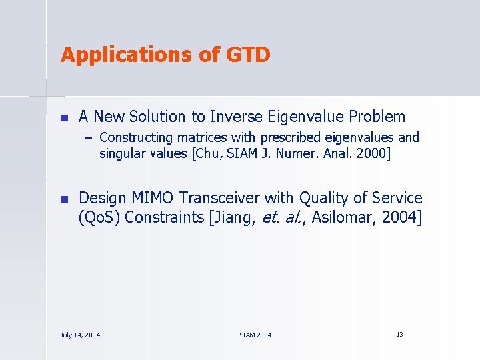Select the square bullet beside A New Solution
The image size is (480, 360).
(x=64, y=117)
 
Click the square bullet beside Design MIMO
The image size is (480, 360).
(x=64, y=199)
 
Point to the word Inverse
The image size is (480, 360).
(x=231, y=117)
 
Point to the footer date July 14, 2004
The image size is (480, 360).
(x=80, y=335)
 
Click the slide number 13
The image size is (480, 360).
(x=399, y=334)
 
